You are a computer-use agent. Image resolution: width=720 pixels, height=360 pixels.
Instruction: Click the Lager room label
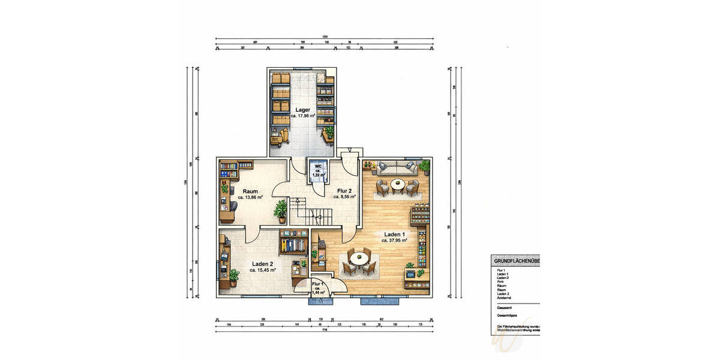point(302,110)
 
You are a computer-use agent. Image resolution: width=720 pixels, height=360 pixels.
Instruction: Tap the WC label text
point(319,166)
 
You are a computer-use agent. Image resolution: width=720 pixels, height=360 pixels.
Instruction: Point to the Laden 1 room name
point(394,235)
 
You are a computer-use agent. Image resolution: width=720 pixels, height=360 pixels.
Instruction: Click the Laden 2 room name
point(263,264)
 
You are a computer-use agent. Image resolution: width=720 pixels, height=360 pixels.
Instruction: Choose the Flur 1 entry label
point(318,283)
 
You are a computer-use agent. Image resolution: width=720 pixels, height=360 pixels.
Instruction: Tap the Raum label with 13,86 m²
point(250,191)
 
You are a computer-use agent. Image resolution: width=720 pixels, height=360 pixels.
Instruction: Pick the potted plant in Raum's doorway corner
point(280,211)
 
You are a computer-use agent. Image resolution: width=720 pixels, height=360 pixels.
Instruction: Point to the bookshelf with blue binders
point(294,245)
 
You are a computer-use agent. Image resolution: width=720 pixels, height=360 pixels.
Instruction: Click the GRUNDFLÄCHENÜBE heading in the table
point(515,262)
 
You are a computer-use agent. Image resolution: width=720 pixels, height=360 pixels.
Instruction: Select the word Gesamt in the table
point(505,307)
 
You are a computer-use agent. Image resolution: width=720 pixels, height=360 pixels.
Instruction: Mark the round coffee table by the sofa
point(397,184)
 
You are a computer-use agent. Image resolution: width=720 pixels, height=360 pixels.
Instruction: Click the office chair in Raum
point(232,206)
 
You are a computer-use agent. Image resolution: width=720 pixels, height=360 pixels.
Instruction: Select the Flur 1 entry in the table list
point(502,271)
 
